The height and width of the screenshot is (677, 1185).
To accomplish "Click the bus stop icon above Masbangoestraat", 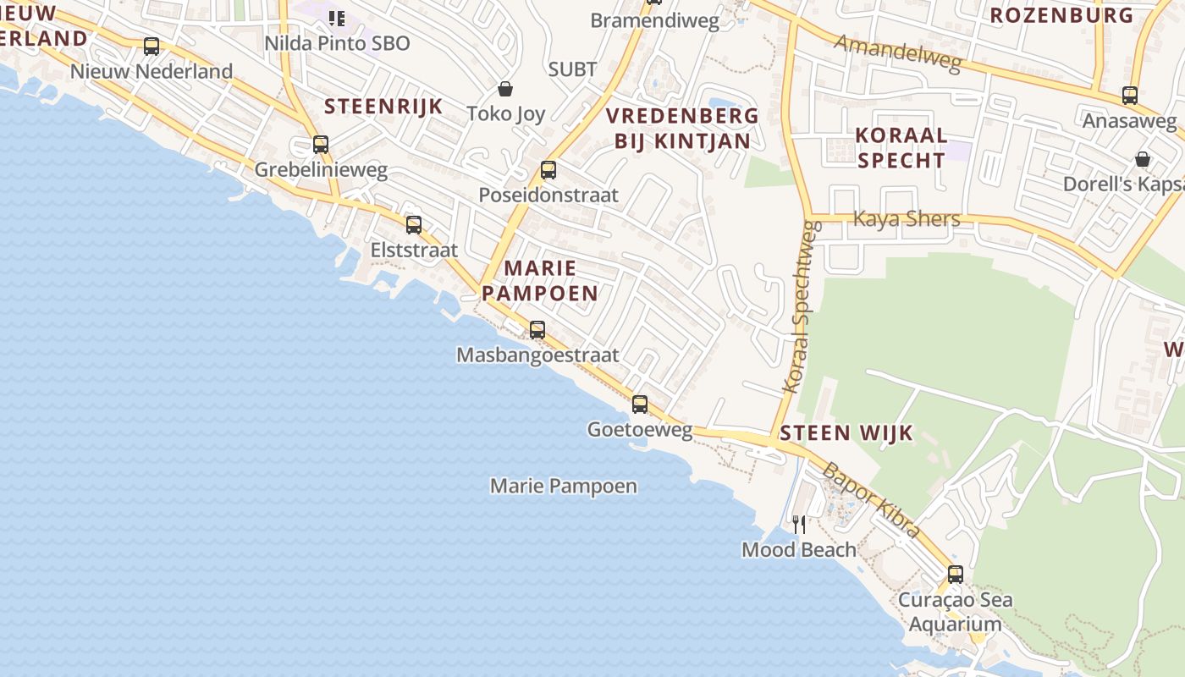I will [537, 330].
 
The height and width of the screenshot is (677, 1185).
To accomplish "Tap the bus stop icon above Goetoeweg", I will [640, 405].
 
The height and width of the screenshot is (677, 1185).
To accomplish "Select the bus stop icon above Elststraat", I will [414, 225].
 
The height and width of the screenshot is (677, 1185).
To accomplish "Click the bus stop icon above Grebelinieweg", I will [321, 145].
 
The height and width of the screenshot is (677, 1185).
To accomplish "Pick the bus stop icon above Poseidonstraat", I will [548, 170].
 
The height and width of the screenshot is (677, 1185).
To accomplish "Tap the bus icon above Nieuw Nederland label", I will [152, 47].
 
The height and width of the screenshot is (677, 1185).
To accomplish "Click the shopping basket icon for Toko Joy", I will [505, 89].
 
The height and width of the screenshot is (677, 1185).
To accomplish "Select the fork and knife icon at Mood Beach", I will [799, 525].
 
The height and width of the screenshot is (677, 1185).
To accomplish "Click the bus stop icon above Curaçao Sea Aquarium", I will [956, 575].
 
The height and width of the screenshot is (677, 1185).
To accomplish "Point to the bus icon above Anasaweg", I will [1130, 96].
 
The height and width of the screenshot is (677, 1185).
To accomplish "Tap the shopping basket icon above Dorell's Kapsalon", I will [1143, 159].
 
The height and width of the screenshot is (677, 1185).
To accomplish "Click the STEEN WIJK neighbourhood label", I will [846, 433].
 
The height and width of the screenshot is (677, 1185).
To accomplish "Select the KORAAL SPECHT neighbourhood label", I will [901, 147].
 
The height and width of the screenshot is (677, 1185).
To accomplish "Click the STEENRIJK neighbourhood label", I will [383, 106].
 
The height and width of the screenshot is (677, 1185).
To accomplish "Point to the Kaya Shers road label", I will [907, 219].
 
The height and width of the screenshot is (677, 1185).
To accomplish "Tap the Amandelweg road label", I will [899, 53].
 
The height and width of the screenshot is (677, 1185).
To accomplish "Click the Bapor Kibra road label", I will [871, 500].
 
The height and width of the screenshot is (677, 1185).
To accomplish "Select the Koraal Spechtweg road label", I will [802, 306].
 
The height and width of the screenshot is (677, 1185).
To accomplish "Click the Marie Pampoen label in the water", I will [564, 487].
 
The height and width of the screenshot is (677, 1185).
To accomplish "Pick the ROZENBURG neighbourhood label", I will [1061, 15].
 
